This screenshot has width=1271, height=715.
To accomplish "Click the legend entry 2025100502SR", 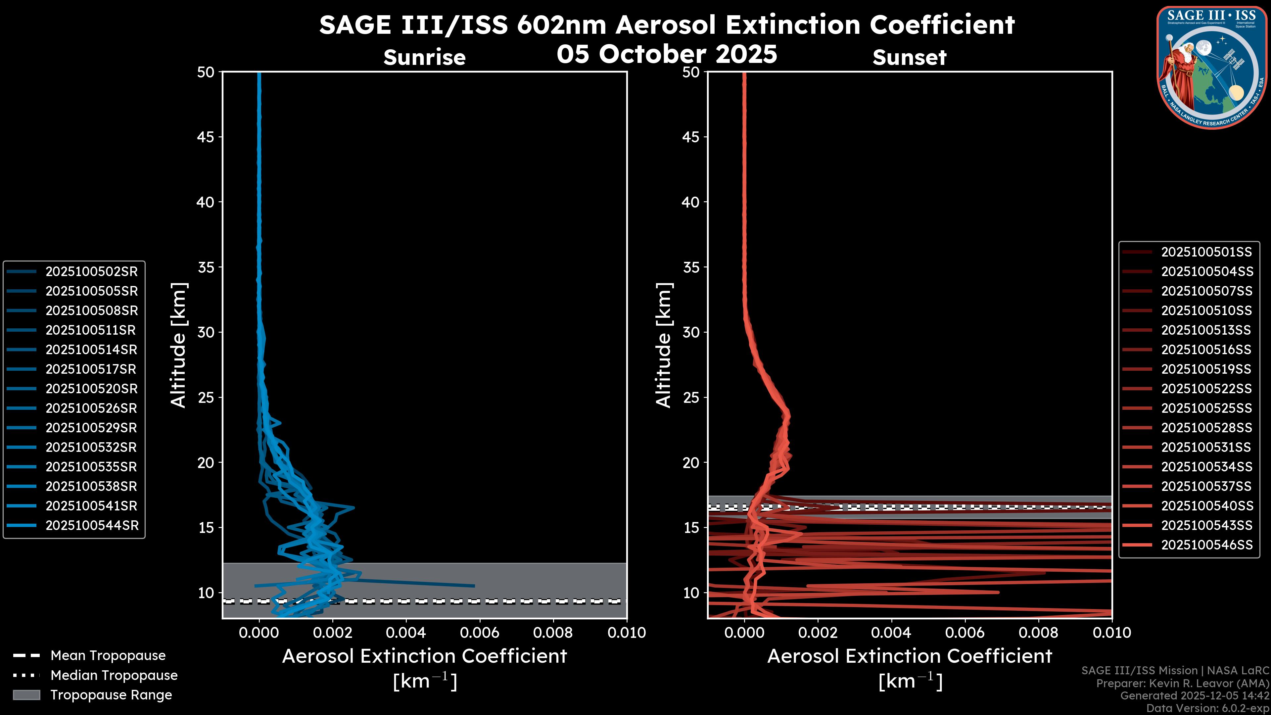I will pyautogui.click(x=91, y=272).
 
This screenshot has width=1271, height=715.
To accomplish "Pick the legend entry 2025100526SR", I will pyautogui.click(x=91, y=408).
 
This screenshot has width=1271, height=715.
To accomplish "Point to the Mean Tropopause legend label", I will pyautogui.click(x=108, y=656).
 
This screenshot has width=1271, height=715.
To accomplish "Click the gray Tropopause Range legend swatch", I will pyautogui.click(x=26, y=695).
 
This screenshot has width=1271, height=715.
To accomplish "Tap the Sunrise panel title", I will pyautogui.click(x=424, y=58).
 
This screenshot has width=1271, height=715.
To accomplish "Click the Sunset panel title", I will pyautogui.click(x=909, y=58).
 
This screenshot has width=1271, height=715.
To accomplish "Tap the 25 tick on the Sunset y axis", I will pyautogui.click(x=691, y=398).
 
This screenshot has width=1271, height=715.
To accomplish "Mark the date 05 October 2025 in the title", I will pyautogui.click(x=667, y=54).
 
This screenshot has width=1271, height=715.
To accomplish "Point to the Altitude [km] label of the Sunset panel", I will pyautogui.click(x=664, y=345).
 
